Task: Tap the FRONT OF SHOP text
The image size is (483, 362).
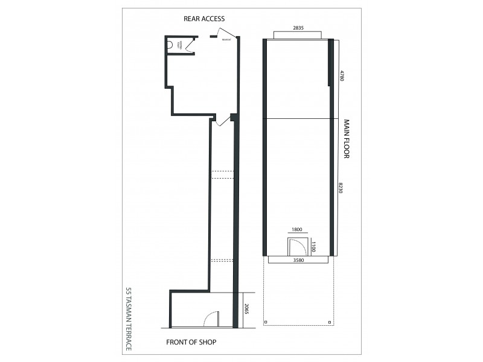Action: point(191,342)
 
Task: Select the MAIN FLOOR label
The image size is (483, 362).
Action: point(347,139)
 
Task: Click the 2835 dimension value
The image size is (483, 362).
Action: point(298,28)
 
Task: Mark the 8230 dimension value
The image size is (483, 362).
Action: point(342,187)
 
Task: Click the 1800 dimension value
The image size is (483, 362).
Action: point(297,230)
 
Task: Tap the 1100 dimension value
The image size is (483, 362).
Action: point(313,247)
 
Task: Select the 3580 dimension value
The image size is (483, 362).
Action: point(298,261)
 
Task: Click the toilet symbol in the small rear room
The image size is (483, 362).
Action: point(170,43)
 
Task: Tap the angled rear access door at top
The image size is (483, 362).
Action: point(226,34)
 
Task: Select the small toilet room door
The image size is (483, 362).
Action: point(190,44)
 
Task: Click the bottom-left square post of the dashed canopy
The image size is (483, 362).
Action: point(266,323)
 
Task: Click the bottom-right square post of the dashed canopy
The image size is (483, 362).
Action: point(329,323)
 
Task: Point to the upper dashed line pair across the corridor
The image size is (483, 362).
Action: point(222,175)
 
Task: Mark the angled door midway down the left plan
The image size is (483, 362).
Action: point(222,120)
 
